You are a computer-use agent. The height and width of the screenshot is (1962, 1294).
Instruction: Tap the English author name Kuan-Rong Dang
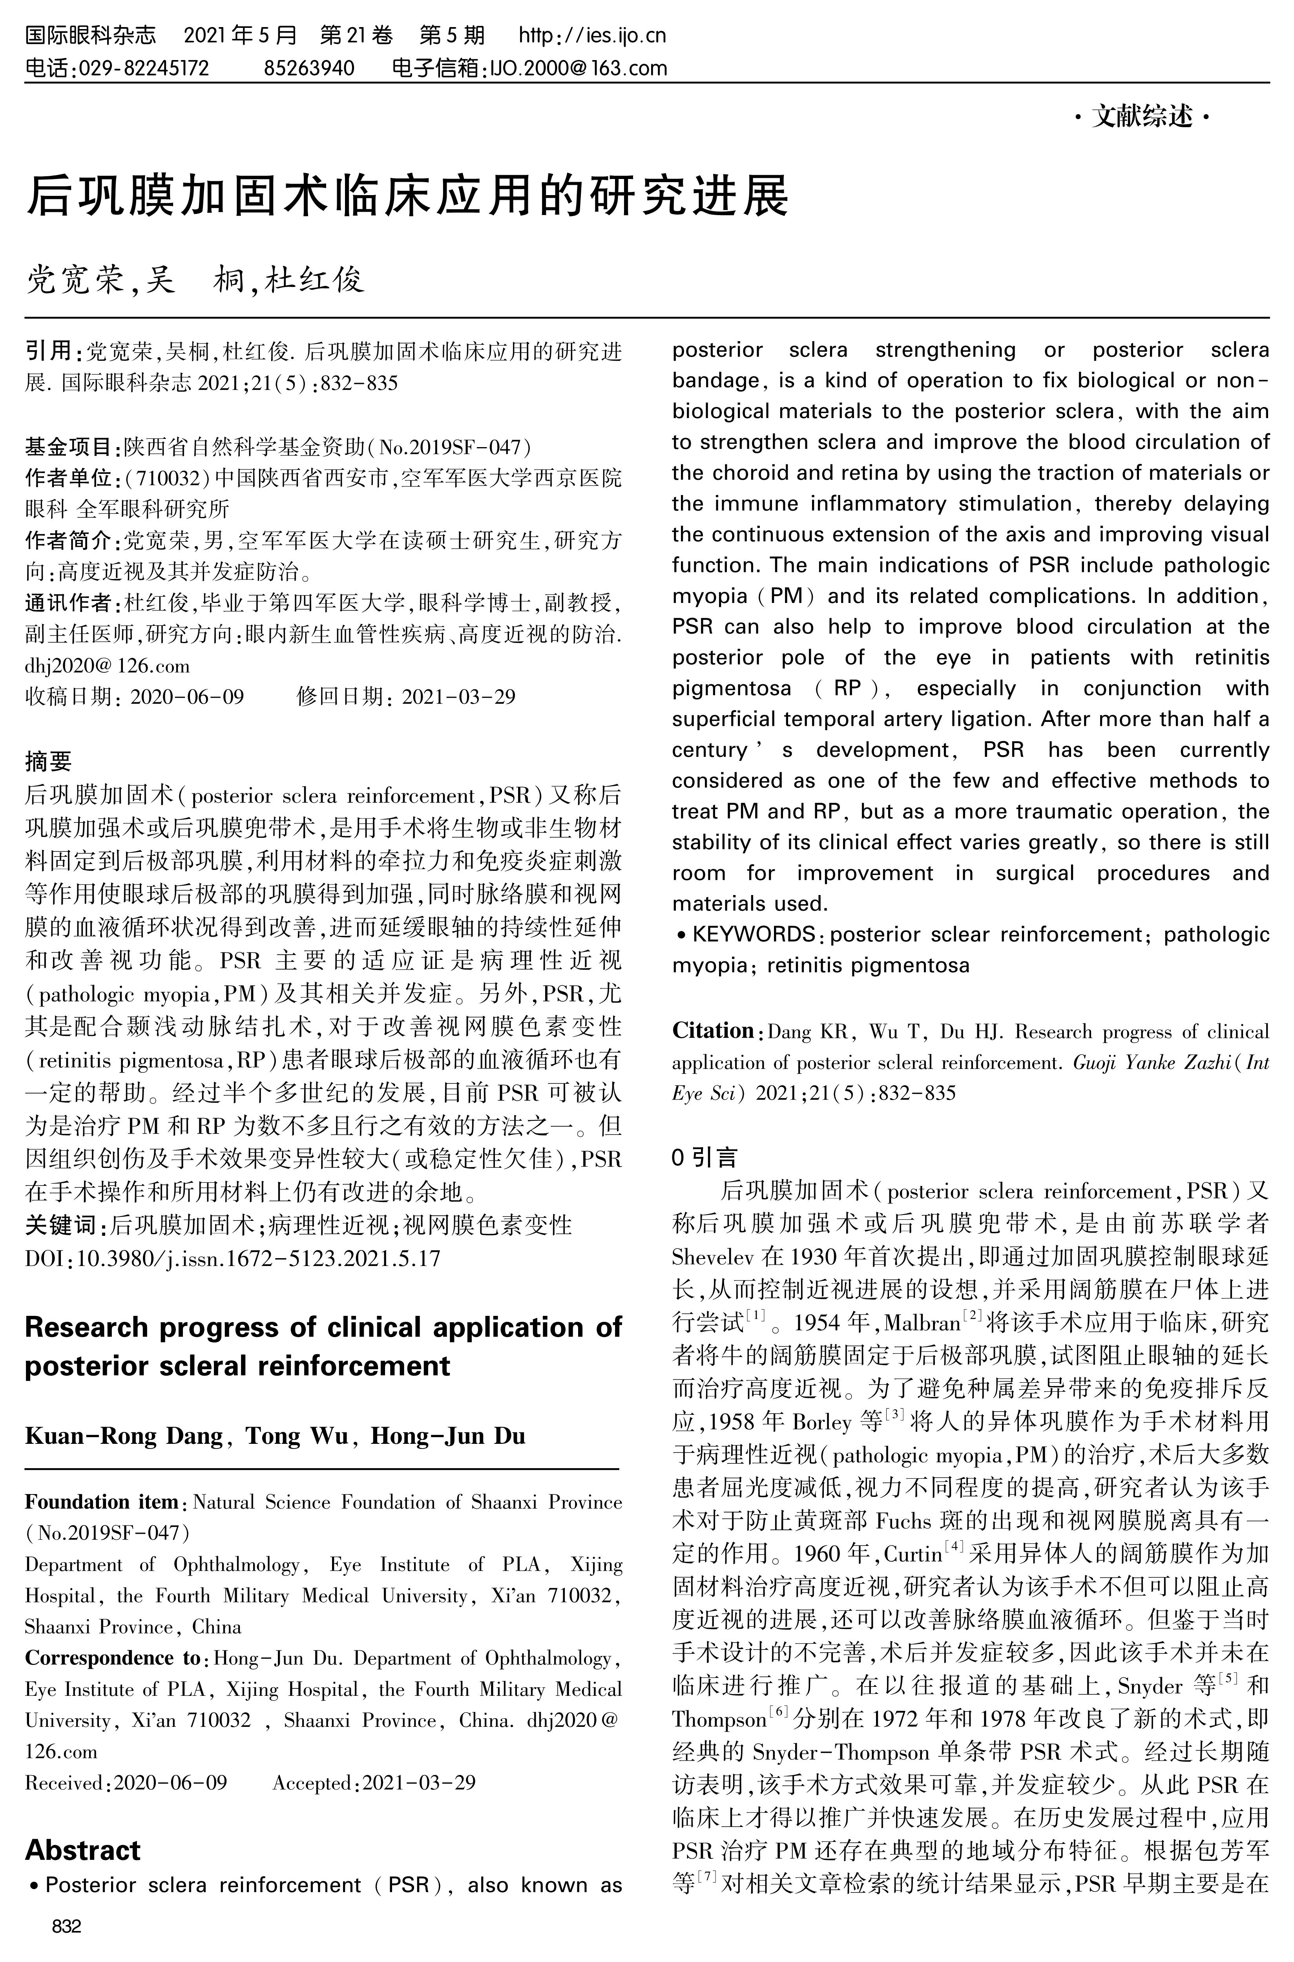click(124, 1436)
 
